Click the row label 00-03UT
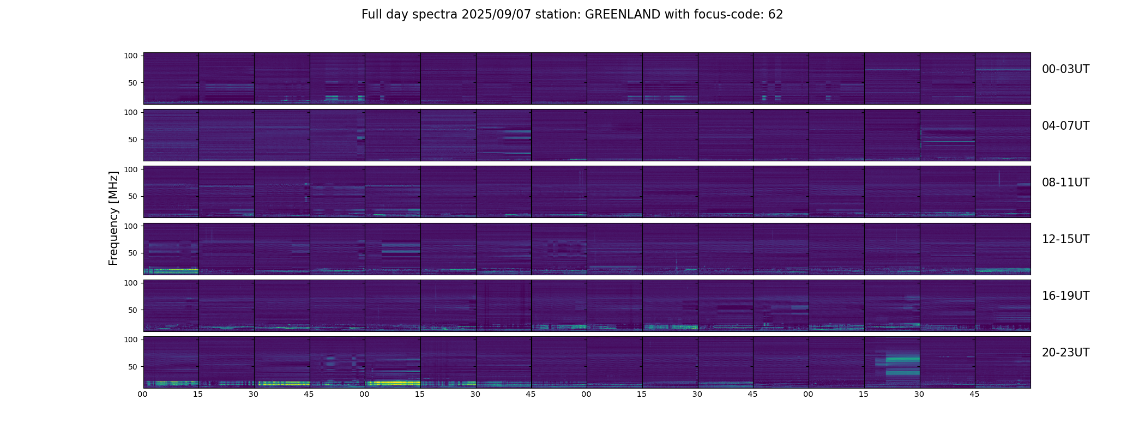(x=1065, y=69)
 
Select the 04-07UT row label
(x=1065, y=126)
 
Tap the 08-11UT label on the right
(x=1065, y=183)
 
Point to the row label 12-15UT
(x=1065, y=239)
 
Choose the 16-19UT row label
(x=1065, y=296)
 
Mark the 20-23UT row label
(x=1065, y=353)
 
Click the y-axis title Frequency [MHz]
(x=113, y=218)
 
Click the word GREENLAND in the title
(x=623, y=15)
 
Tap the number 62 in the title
(x=775, y=15)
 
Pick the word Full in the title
(x=372, y=15)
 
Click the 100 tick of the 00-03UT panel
(x=131, y=56)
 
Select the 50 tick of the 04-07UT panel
(x=133, y=140)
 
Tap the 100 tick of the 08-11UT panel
(x=131, y=169)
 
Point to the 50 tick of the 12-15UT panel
(x=133, y=253)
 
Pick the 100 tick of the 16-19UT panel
(x=131, y=283)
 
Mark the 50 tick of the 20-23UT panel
(x=133, y=367)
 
